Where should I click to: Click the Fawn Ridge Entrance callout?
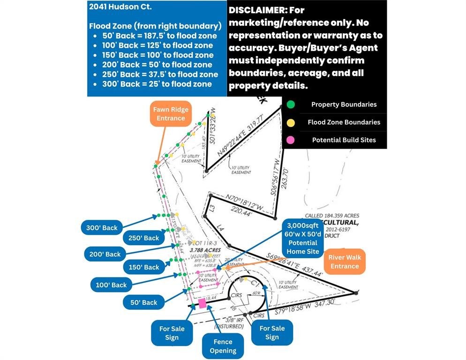coord(171,114)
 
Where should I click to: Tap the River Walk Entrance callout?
coord(344,262)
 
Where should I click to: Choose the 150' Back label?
coord(145,267)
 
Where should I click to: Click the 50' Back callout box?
coord(143,302)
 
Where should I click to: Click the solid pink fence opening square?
coord(203,303)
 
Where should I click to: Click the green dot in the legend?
coord(291,105)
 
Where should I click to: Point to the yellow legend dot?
coord(291,122)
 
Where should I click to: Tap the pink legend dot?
coord(291,140)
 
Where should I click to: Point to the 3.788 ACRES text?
coord(205,250)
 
